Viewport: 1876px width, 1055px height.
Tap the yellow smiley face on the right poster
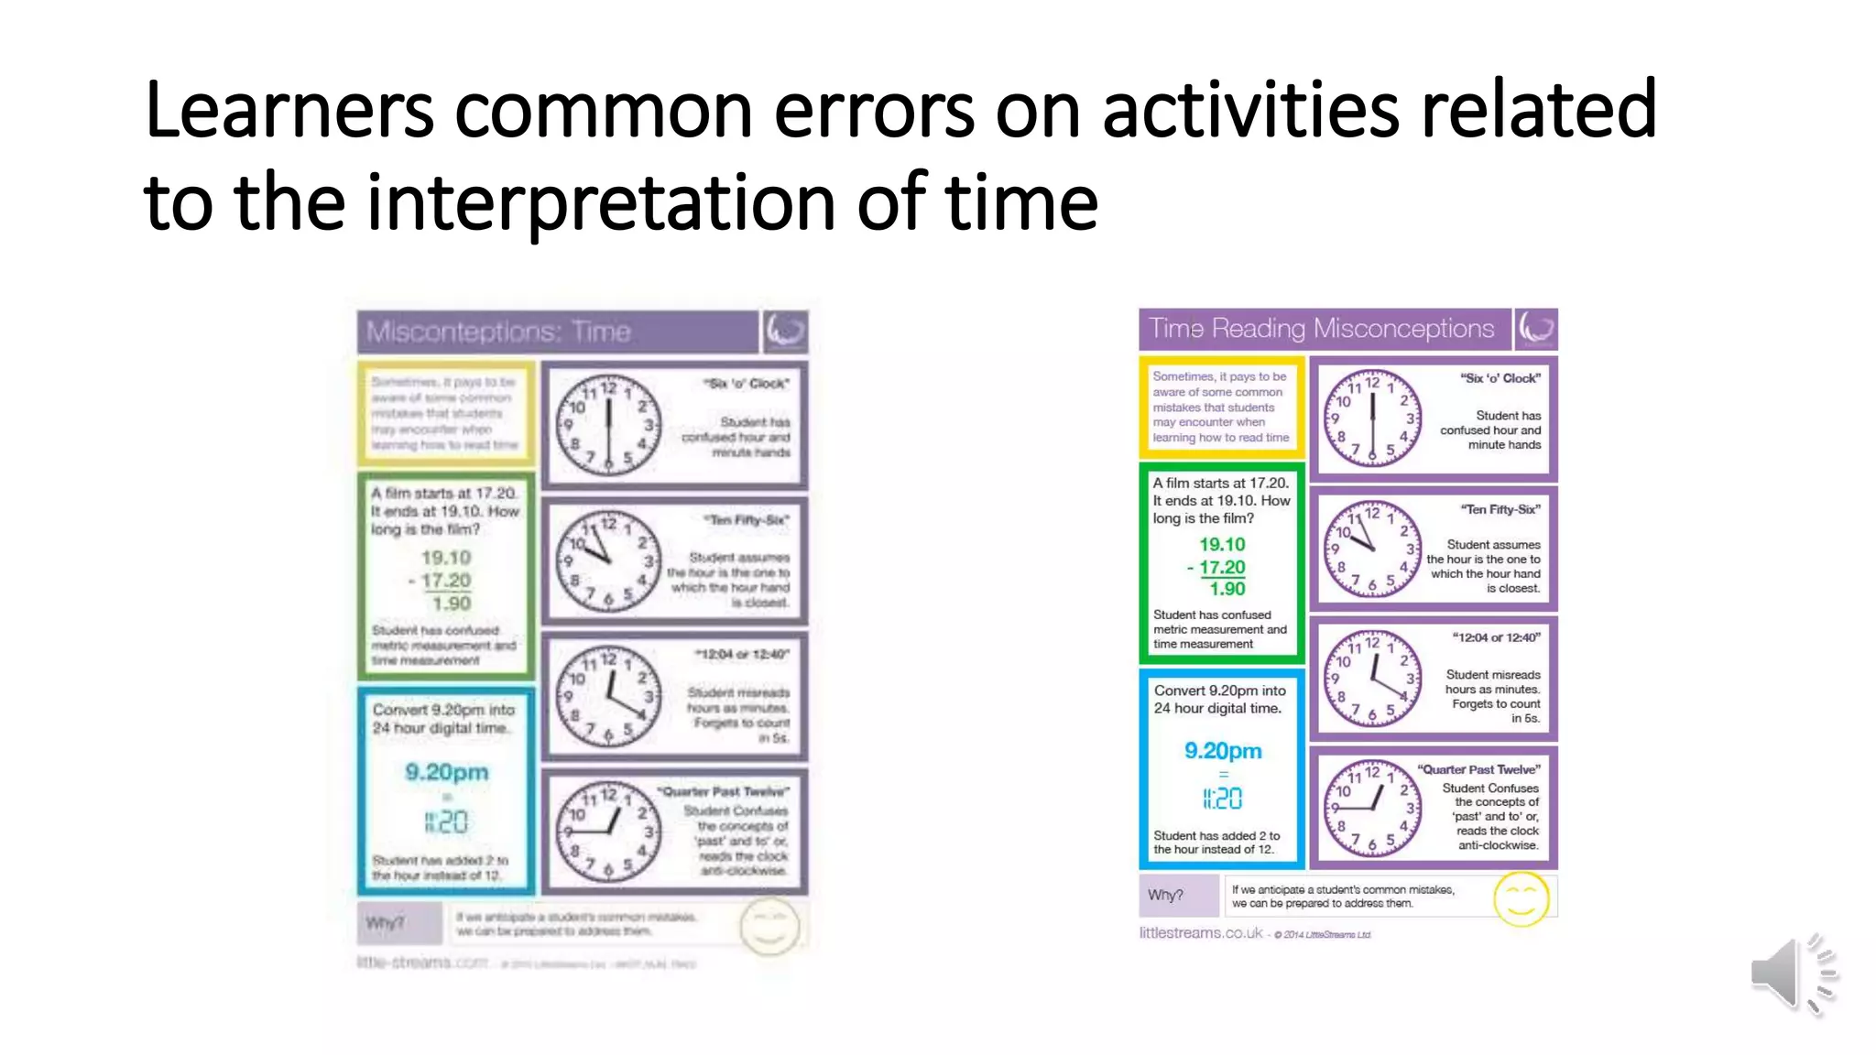[x=1521, y=899]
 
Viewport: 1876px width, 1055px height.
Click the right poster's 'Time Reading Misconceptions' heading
[x=1321, y=329]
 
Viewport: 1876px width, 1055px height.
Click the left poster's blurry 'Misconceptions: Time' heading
[x=498, y=332]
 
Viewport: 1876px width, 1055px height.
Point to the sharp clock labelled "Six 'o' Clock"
[x=1371, y=418]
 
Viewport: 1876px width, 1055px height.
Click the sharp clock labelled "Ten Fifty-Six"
[x=1371, y=548]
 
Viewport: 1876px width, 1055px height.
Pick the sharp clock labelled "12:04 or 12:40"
[x=1371, y=679]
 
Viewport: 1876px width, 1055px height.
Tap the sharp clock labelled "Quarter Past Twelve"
[x=1371, y=808]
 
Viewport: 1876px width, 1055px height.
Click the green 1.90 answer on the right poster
[x=1227, y=589]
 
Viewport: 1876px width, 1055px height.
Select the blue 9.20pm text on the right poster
[x=1223, y=751]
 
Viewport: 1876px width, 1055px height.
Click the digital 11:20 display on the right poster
[x=1223, y=799]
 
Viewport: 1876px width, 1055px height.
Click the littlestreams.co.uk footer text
[x=1200, y=933]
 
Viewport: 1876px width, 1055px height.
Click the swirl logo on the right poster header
[x=1536, y=329]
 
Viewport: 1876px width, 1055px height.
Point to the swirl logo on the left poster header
[x=785, y=331]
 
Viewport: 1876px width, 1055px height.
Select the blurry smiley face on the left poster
[x=769, y=926]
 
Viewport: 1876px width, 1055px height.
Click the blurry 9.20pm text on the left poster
[x=447, y=772]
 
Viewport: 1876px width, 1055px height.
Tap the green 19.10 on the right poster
[x=1222, y=545]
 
